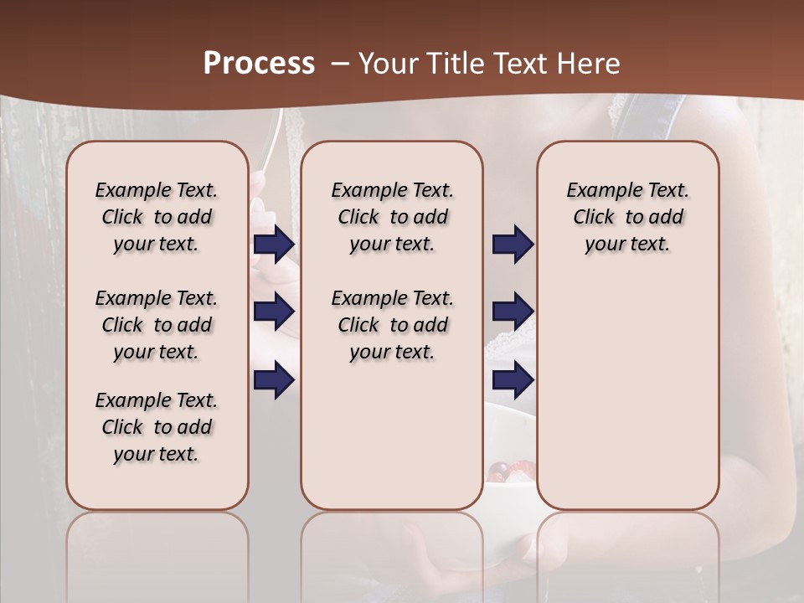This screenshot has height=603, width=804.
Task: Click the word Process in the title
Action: point(259,64)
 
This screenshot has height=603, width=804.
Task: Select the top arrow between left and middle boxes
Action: point(274,245)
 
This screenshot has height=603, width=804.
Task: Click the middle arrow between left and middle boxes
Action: point(274,312)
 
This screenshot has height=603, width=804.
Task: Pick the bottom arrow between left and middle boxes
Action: point(274,379)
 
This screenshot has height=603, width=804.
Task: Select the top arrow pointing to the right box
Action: point(513,245)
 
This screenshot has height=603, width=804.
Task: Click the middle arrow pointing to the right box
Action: point(513,312)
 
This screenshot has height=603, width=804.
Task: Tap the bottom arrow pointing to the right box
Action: point(513,379)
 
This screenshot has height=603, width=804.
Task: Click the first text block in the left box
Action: point(157,217)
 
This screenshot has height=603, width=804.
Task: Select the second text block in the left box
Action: point(157,325)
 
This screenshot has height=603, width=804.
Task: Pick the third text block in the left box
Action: point(157,427)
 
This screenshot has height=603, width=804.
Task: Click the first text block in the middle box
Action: point(392,217)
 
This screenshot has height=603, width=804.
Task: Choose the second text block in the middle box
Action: point(392,325)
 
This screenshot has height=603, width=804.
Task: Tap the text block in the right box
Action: point(627,217)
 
